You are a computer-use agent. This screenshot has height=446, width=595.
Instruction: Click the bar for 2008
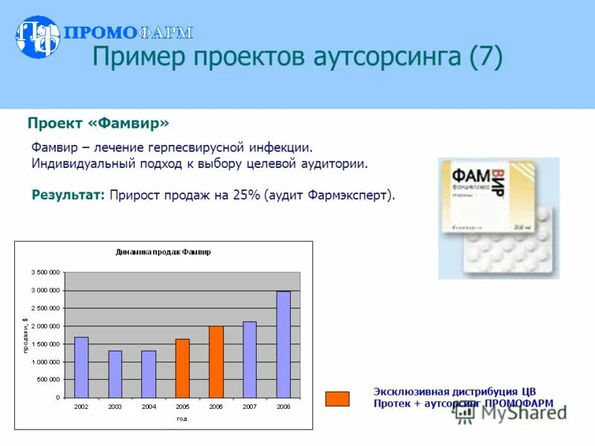tap(283, 344)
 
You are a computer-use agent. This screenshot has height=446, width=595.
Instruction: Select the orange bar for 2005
tap(182, 368)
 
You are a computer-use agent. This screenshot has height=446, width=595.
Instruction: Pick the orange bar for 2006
tap(216, 361)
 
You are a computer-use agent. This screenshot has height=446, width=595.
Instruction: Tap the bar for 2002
tap(81, 367)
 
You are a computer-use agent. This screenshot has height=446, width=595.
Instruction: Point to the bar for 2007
tap(250, 359)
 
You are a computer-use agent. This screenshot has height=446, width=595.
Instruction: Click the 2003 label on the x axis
tap(115, 407)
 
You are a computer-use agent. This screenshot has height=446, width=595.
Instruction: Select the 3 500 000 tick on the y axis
tap(45, 272)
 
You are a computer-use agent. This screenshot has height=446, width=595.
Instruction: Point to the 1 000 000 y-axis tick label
tap(45, 362)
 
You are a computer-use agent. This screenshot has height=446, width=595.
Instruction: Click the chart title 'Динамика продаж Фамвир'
tap(163, 252)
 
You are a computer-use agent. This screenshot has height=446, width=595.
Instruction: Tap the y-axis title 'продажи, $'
tap(25, 334)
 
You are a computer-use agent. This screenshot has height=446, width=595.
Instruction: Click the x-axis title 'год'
tap(181, 418)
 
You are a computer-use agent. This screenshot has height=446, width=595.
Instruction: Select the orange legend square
tap(337, 398)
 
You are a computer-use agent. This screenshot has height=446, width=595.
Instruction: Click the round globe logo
tap(37, 37)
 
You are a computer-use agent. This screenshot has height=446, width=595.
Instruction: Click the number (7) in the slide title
tap(485, 56)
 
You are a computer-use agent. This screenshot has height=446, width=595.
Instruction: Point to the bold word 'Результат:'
tap(68, 195)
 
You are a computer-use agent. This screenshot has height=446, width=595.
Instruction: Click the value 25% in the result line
tap(245, 195)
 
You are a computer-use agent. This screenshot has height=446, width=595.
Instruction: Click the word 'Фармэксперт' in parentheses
tap(350, 195)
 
